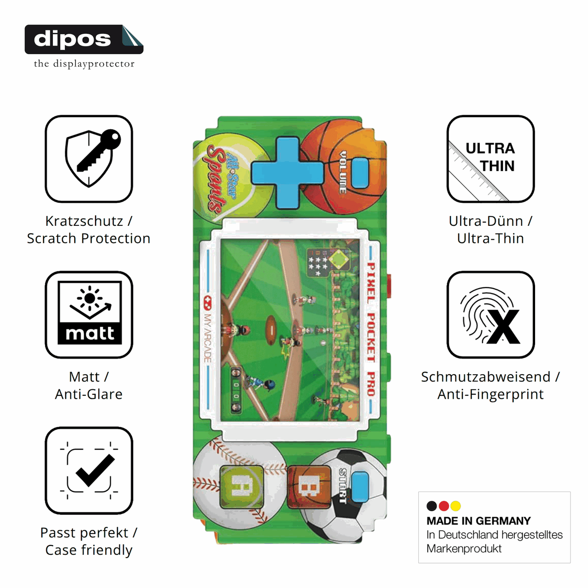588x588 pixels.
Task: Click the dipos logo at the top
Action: pyautogui.click(x=84, y=39)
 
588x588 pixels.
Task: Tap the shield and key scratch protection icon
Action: pyautogui.click(x=89, y=159)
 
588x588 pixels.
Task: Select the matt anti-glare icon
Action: pyautogui.click(x=89, y=315)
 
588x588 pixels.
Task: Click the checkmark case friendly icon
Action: pyautogui.click(x=89, y=470)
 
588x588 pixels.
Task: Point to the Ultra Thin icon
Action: pyautogui.click(x=490, y=159)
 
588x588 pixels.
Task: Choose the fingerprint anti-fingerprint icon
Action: pyautogui.click(x=490, y=315)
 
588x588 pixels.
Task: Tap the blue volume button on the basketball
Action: pyautogui.click(x=360, y=173)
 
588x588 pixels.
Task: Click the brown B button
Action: pyautogui.click(x=309, y=487)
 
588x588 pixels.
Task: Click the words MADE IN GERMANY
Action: pyautogui.click(x=479, y=521)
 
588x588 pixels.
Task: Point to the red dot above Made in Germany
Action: pyautogui.click(x=444, y=506)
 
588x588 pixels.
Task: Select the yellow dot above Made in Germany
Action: pyautogui.click(x=456, y=506)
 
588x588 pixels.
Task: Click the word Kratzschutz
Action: pyautogui.click(x=84, y=221)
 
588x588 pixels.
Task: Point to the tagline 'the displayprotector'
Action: pyautogui.click(x=84, y=64)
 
